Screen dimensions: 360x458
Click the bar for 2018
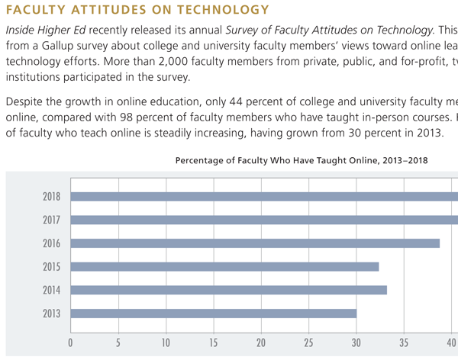point(264,196)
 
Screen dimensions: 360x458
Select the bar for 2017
point(264,220)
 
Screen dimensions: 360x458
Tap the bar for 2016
point(255,243)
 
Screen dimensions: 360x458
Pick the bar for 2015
point(224,266)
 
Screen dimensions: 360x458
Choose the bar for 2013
point(214,313)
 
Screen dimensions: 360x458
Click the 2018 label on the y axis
point(52,196)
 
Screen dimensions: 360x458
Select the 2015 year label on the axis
point(52,266)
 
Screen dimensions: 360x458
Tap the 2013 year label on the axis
point(52,313)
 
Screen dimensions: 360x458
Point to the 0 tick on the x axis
point(70,342)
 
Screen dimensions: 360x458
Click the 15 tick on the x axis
point(213,342)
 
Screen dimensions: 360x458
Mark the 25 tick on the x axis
point(308,342)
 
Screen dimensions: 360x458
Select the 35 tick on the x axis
point(404,342)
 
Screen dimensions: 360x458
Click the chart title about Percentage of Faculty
point(302,160)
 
